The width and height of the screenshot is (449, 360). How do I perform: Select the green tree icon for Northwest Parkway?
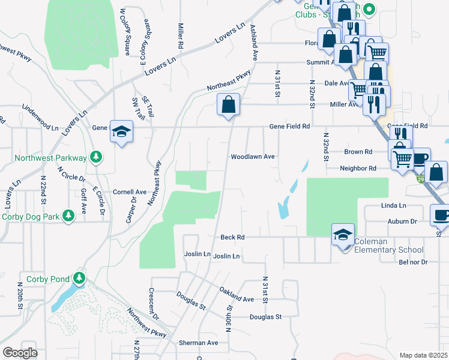click(95, 157)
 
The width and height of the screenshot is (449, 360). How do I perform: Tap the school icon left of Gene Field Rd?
click(121, 131)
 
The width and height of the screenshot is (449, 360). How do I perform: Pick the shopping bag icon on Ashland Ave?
click(228, 105)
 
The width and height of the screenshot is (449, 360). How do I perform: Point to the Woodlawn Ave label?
click(253, 157)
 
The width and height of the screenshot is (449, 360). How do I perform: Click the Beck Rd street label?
click(232, 238)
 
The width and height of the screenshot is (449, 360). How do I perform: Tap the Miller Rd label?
click(180, 36)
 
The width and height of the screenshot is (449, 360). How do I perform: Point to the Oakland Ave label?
click(237, 295)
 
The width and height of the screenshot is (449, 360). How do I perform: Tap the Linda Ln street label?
click(394, 206)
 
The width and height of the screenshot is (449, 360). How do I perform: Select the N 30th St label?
click(229, 317)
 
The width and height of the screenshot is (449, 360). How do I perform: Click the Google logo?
click(20, 353)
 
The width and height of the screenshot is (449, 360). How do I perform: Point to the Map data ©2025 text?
click(423, 355)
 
